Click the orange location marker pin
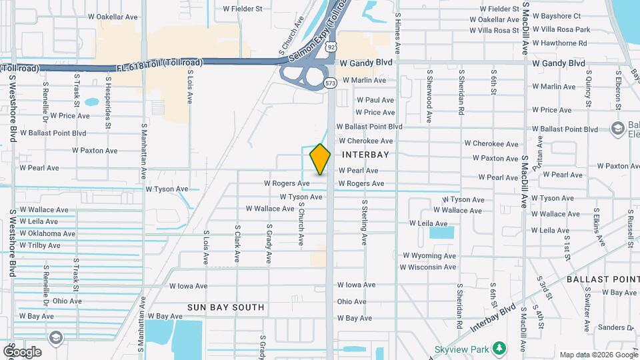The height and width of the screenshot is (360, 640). click(320, 159)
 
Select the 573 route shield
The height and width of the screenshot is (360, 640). click(331, 83)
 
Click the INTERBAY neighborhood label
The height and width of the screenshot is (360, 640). click(365, 154)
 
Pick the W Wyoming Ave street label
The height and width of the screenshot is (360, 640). click(429, 255)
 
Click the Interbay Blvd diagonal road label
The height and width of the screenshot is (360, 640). click(493, 318)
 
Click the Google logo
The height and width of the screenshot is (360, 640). click(22, 352)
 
